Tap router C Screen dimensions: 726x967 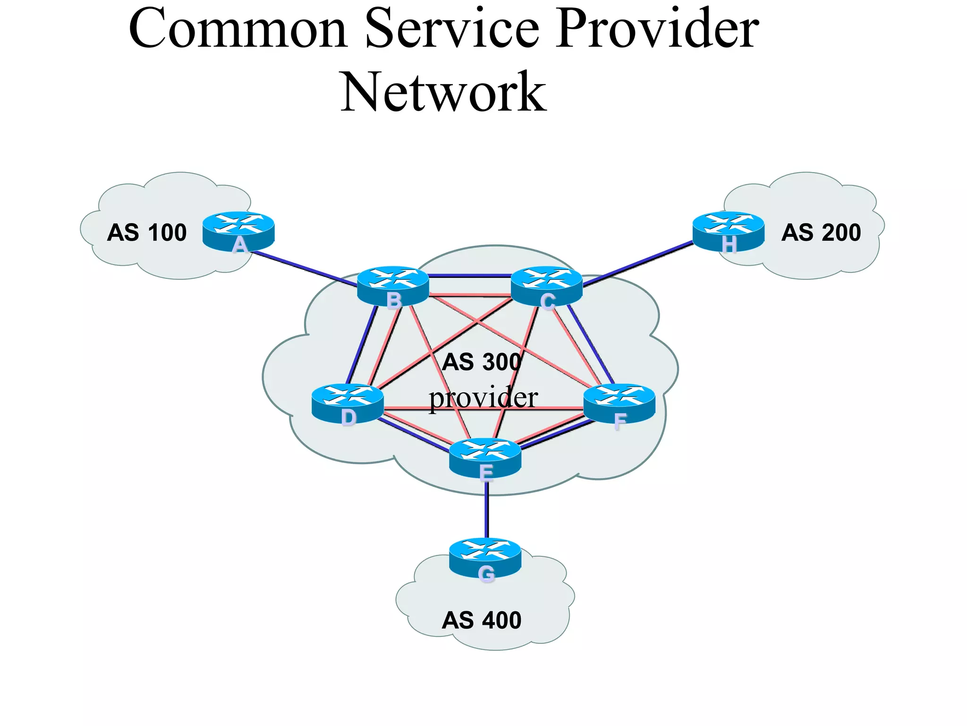tap(547, 286)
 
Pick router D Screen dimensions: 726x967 tap(348, 403)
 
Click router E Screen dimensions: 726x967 tap(485, 457)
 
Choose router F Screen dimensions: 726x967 tap(619, 403)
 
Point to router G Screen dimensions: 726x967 tap(485, 557)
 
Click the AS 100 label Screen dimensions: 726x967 tap(147, 233)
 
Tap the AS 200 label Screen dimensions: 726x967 tap(821, 233)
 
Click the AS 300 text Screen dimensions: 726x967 tap(482, 362)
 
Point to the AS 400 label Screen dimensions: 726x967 tap(482, 620)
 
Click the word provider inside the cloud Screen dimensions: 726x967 tap(483, 398)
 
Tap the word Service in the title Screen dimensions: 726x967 tap(452, 29)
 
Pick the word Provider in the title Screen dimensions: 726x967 tap(657, 29)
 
